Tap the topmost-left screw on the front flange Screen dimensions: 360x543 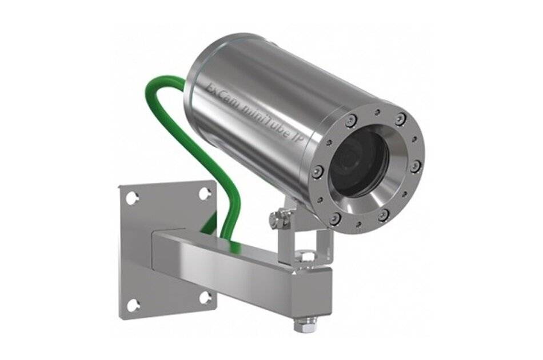tap(350, 121)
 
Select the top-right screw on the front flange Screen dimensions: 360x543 tap(401, 118)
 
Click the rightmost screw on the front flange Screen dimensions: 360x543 tap(416, 166)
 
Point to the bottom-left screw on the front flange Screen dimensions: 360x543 tap(336, 218)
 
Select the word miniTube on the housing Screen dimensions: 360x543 tap(263, 115)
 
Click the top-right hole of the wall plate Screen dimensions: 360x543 tap(205, 193)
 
